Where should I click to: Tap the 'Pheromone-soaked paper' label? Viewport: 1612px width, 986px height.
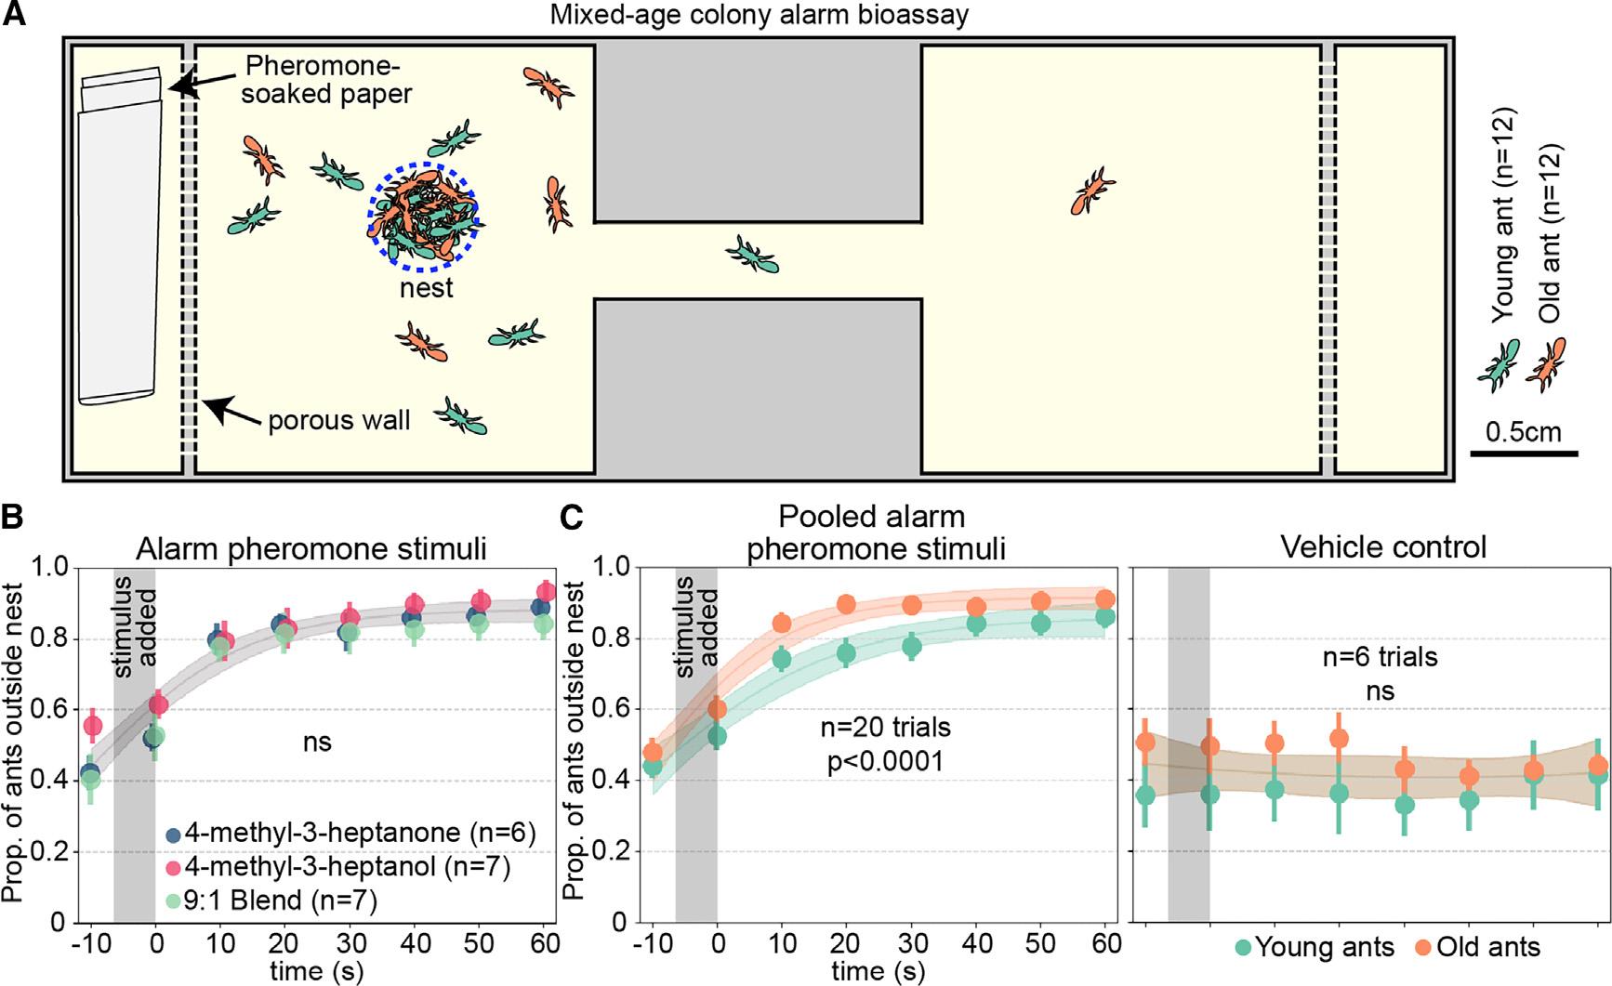pyautogui.click(x=325, y=80)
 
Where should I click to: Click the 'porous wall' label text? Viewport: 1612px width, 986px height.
pyautogui.click(x=339, y=421)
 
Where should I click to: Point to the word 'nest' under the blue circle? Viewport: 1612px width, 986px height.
pyautogui.click(x=427, y=288)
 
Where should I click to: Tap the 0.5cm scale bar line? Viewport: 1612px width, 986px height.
pyautogui.click(x=1524, y=454)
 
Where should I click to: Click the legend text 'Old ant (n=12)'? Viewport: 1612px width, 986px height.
pyautogui.click(x=1550, y=232)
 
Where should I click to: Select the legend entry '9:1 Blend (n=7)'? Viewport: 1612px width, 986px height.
pyautogui.click(x=281, y=899)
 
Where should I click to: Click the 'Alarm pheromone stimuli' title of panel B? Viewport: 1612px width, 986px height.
pyautogui.click(x=311, y=548)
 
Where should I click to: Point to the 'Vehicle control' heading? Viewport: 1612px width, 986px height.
pyautogui.click(x=1383, y=546)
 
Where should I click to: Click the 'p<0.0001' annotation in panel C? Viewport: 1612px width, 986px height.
pyautogui.click(x=885, y=761)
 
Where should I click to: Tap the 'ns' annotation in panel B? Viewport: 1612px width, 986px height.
pyautogui.click(x=317, y=742)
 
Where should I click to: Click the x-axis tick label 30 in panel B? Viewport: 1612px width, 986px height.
pyautogui.click(x=350, y=944)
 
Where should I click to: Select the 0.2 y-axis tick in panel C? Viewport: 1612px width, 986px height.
pyautogui.click(x=609, y=851)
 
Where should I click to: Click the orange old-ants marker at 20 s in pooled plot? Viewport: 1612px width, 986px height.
pyautogui.click(x=846, y=605)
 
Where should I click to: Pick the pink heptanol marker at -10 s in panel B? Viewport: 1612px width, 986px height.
pyautogui.click(x=92, y=726)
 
